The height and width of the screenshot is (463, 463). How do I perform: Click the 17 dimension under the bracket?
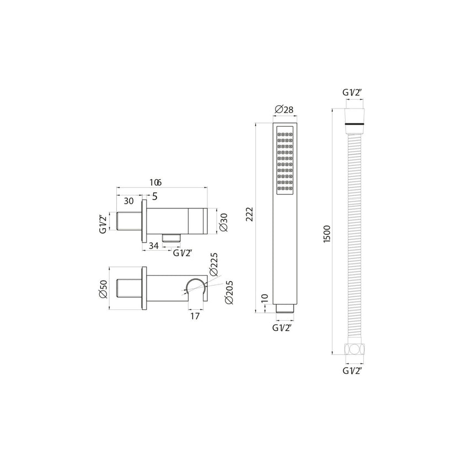pos(194,316)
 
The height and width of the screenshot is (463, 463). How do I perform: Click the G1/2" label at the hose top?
pos(352,93)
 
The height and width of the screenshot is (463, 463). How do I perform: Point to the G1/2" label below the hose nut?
pos(352,370)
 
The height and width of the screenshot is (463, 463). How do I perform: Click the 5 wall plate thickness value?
pos(154,196)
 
